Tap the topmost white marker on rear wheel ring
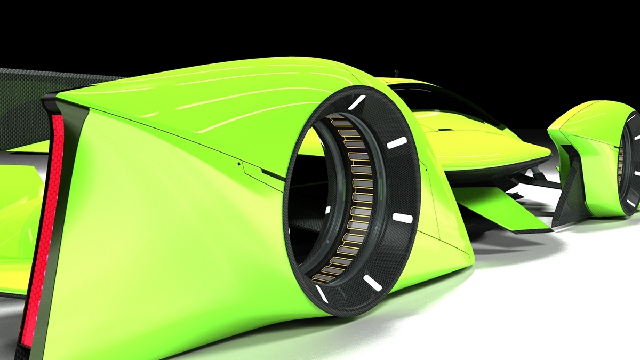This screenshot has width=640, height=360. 356,101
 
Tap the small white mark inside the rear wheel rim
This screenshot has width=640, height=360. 327,210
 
